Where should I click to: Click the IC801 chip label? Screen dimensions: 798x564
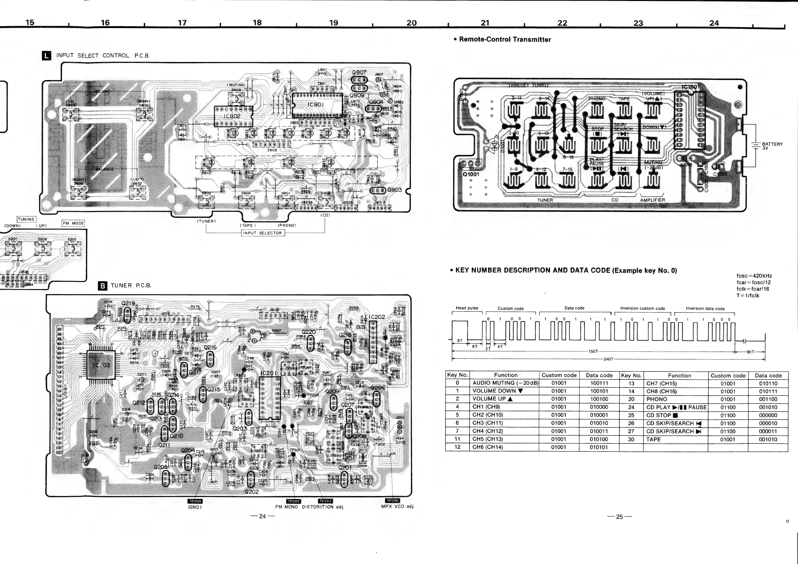click(316, 104)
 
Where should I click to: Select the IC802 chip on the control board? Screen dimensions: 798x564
click(232, 116)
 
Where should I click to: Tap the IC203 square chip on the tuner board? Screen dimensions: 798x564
click(101, 365)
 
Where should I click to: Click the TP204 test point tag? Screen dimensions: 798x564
click(195, 501)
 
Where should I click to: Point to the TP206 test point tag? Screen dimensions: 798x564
click(392, 500)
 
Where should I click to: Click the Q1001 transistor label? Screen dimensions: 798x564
click(471, 174)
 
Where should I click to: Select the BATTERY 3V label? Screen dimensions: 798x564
click(772, 146)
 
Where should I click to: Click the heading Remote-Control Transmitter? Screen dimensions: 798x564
click(505, 40)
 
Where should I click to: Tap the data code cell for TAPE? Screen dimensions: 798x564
click(768, 439)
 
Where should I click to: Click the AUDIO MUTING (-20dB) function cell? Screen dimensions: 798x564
click(505, 383)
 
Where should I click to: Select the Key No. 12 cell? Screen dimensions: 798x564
click(457, 447)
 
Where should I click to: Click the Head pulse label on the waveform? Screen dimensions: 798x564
click(467, 308)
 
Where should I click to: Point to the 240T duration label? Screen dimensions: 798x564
click(608, 359)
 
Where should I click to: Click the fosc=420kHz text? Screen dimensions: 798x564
click(754, 276)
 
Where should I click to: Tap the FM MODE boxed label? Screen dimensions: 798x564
click(73, 223)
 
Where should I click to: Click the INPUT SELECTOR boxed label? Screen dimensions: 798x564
click(263, 233)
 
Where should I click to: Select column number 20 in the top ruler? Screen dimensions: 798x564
click(411, 23)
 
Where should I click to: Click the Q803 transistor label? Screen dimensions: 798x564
click(394, 190)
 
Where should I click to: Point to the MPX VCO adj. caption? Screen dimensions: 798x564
click(397, 506)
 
